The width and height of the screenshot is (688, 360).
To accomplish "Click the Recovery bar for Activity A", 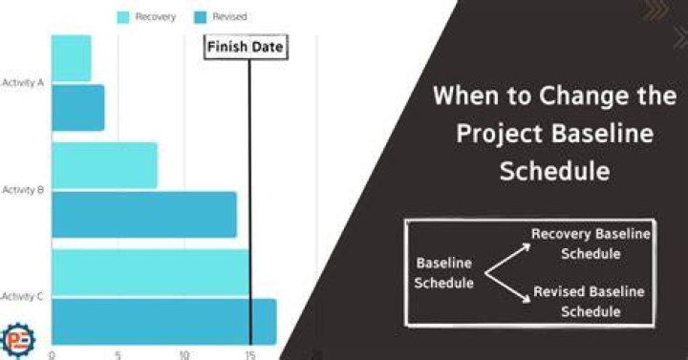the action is [x=72, y=58].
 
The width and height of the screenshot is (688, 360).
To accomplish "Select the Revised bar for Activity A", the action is [x=78, y=108].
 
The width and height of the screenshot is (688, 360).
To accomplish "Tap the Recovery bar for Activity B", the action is [x=104, y=165].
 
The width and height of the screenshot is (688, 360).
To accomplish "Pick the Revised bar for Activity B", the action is [x=144, y=215].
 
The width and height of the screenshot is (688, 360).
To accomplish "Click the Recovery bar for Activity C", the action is [x=151, y=272].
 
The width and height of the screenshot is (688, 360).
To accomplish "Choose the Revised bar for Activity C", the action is [x=164, y=322].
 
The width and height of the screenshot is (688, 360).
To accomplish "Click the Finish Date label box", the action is [x=246, y=47].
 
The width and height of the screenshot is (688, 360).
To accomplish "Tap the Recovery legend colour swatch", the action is [x=123, y=17].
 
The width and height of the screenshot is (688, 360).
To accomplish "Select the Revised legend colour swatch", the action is [x=200, y=17].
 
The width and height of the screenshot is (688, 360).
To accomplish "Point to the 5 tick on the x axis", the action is [x=118, y=354].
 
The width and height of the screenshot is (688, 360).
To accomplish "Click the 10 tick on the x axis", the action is [x=184, y=354].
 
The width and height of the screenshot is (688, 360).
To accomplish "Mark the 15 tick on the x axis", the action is [x=250, y=354].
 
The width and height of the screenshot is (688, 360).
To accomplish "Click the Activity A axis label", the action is [x=23, y=82].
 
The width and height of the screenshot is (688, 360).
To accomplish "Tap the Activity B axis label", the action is [x=23, y=190].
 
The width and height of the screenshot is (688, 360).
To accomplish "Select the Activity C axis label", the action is [x=22, y=297].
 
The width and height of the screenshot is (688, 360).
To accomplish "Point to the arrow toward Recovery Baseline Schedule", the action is [x=507, y=259].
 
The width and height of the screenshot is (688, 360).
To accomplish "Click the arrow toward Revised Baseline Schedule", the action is [x=507, y=287].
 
